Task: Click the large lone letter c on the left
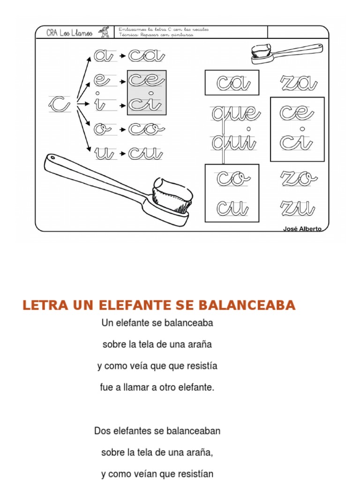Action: pos(59,104)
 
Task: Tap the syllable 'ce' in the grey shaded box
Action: pos(146,81)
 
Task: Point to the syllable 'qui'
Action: pos(233,142)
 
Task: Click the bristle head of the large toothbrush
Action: pos(172,196)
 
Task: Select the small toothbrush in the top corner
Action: pos(286,52)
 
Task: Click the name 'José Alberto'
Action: pos(302,228)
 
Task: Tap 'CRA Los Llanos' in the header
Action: pos(69,32)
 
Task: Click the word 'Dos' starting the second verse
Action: pos(103,430)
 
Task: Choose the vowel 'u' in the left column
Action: pos(104,152)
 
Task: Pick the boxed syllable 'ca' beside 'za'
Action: pos(232,83)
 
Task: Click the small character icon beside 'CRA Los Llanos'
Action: pos(104,32)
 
